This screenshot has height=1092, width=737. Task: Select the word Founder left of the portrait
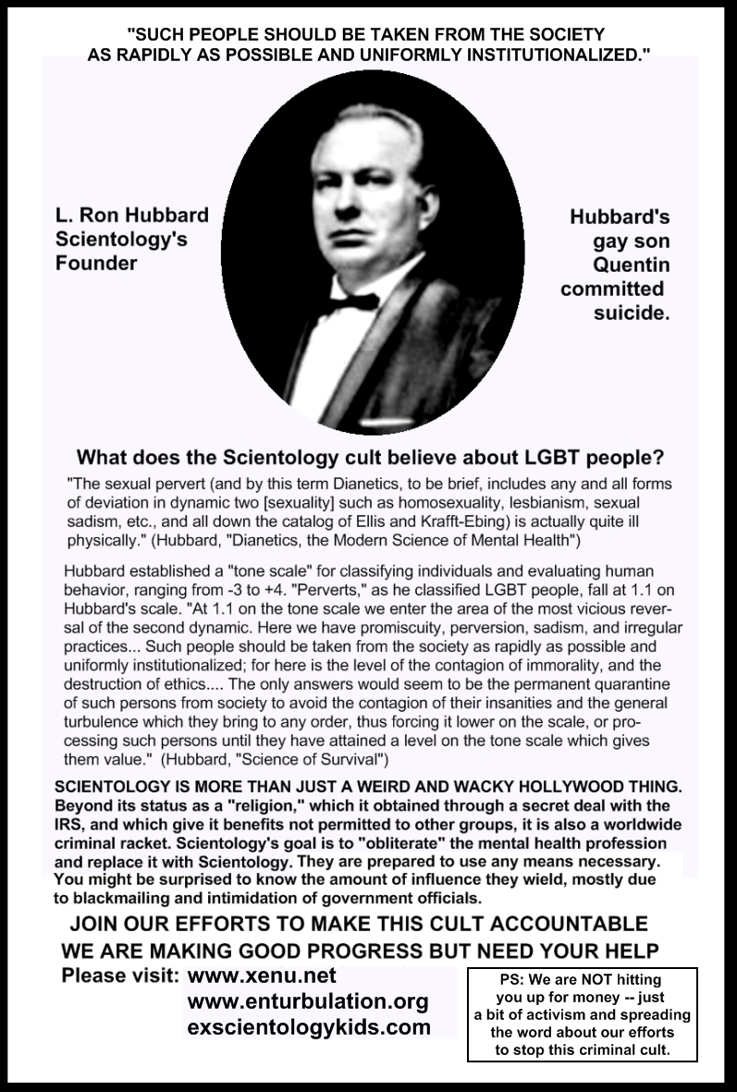(94, 263)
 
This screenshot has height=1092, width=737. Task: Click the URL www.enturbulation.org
(308, 1001)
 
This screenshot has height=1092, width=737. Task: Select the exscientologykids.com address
(309, 1027)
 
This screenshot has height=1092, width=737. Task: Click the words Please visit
(119, 975)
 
